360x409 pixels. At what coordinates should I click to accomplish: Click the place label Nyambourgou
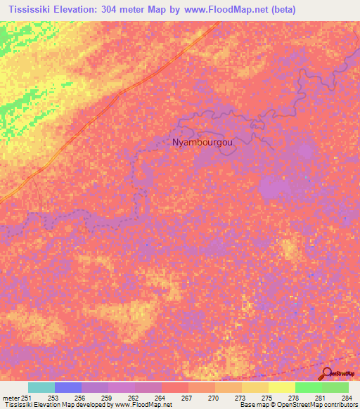click(x=202, y=142)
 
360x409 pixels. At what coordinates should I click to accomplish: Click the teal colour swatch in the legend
click(x=41, y=387)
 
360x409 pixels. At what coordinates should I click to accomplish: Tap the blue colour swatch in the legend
click(x=68, y=387)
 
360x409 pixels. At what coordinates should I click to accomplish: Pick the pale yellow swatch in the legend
click(x=282, y=387)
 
